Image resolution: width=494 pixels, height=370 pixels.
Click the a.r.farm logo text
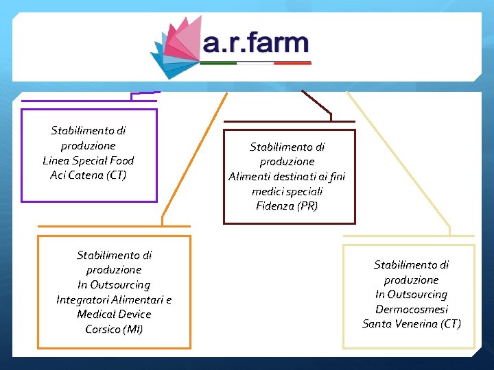click(x=256, y=43)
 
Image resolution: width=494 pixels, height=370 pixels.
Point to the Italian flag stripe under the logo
click(x=255, y=63)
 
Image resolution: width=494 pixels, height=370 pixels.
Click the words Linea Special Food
click(x=89, y=160)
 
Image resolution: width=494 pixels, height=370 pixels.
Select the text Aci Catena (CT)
click(x=89, y=175)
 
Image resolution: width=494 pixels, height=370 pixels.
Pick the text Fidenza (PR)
click(x=287, y=206)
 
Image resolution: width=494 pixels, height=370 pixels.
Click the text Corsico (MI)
click(x=114, y=329)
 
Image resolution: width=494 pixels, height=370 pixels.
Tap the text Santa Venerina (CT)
click(x=412, y=323)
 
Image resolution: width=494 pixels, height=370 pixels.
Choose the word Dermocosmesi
click(x=412, y=309)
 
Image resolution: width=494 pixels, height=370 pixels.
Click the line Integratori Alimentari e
click(x=114, y=299)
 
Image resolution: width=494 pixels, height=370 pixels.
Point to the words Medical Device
click(x=114, y=314)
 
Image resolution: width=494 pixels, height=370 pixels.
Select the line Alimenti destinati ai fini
click(x=287, y=176)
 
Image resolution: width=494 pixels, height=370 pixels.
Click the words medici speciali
click(x=287, y=191)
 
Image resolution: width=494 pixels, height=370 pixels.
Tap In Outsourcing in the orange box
click(x=114, y=284)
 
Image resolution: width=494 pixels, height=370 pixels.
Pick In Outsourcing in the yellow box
click(x=412, y=294)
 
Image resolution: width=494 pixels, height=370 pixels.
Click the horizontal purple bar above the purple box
click(x=89, y=101)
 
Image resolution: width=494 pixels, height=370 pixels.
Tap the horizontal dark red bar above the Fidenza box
click(x=289, y=122)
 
